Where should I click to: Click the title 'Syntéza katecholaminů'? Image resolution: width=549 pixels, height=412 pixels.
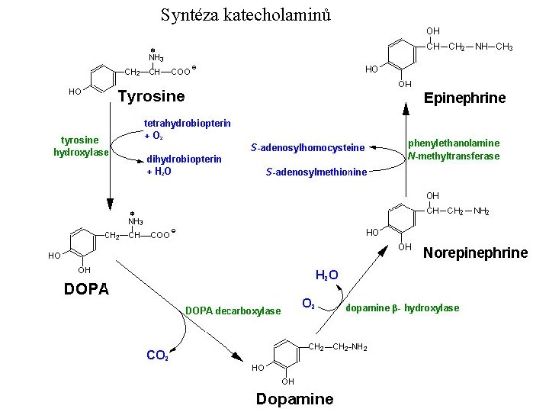tap(246, 14)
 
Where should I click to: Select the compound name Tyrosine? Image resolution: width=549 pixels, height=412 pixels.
tap(151, 96)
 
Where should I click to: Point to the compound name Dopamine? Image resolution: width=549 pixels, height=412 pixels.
tap(294, 399)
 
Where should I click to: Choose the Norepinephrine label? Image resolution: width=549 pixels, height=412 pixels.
tap(475, 253)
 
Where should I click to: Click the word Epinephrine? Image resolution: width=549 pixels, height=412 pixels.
tap(464, 98)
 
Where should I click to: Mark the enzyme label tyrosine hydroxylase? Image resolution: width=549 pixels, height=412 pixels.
tap(81, 146)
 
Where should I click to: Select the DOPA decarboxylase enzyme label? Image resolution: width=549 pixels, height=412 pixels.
tap(233, 310)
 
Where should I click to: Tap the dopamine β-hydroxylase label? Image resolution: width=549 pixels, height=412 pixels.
tap(403, 308)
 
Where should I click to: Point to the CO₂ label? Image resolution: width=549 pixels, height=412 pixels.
tap(158, 355)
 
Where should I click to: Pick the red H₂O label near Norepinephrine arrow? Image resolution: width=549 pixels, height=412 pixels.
tap(327, 275)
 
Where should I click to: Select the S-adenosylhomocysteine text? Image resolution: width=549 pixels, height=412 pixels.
tap(307, 146)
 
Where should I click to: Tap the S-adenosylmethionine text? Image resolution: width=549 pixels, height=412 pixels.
tap(316, 172)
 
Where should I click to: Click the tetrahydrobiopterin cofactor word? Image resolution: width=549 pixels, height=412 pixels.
tap(188, 123)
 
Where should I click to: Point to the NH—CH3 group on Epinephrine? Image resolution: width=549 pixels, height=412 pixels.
tap(493, 47)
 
